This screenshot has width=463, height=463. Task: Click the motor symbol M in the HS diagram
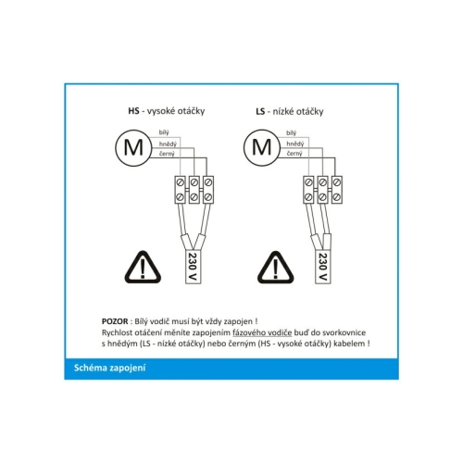[x=133, y=148]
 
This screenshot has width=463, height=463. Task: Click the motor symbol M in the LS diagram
[x=262, y=148]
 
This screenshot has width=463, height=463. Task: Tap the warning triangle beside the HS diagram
[x=143, y=268]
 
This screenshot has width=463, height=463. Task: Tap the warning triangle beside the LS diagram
[x=276, y=268]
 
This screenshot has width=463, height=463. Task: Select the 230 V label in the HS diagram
[x=194, y=267]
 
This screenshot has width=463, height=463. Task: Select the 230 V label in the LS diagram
[x=323, y=267]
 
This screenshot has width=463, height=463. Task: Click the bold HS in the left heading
[x=133, y=111]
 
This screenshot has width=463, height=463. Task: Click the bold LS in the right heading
[x=260, y=111]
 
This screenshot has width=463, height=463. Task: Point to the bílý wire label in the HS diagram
[x=164, y=132]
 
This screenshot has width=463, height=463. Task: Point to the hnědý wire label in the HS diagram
[x=168, y=144]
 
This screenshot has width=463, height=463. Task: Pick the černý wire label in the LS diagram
[x=294, y=154]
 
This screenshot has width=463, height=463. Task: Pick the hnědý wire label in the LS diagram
[x=295, y=144]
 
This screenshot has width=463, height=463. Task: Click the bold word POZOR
[x=115, y=321]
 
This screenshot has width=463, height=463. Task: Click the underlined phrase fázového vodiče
[x=262, y=332]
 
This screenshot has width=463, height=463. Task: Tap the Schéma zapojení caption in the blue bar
[x=109, y=368]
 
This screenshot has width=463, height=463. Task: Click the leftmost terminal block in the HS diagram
[x=180, y=190]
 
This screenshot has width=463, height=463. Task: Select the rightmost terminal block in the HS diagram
[x=208, y=190]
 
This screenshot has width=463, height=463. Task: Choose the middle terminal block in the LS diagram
[x=322, y=190]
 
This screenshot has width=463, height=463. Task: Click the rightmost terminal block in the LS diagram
[x=337, y=190]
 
